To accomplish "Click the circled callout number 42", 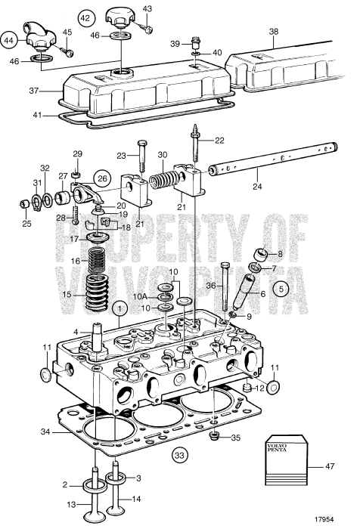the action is click(85, 18).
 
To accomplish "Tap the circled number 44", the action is click(9, 41).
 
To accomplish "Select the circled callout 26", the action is click(103, 178).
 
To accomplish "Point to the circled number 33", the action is click(179, 456).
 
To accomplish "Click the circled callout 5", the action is click(281, 289).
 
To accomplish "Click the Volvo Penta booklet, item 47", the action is click(287, 460).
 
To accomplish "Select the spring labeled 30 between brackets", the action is click(163, 179).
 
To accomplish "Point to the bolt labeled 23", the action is click(142, 158).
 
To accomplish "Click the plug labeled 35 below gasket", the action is click(213, 437).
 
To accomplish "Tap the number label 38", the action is click(274, 32).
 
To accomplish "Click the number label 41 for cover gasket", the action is click(37, 115).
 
